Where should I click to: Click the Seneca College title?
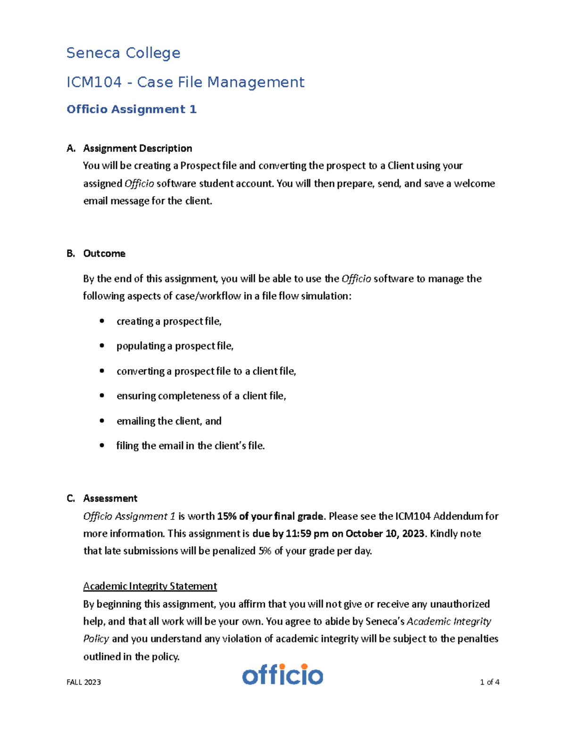123,53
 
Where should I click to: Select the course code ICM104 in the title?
94,82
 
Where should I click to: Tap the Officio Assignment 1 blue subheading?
132,109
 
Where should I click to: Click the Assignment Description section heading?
137,148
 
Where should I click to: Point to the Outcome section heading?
104,254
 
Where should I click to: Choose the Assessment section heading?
110,499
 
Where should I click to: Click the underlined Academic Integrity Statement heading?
150,586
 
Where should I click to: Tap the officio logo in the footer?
283,675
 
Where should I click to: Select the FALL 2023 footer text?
84,682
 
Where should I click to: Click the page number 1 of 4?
490,682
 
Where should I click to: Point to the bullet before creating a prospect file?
102,321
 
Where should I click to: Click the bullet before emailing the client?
102,421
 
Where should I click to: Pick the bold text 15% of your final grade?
271,517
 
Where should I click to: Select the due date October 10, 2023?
385,534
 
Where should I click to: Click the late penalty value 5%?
265,551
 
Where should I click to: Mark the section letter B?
71,254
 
